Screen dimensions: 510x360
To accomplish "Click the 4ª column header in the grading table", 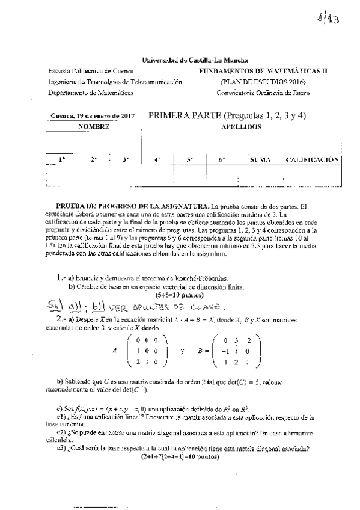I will [157, 160].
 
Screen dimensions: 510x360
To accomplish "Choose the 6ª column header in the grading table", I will [221, 160].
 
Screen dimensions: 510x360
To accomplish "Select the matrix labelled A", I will [145, 350].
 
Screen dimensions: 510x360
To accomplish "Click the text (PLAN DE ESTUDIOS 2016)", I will [263, 82].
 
